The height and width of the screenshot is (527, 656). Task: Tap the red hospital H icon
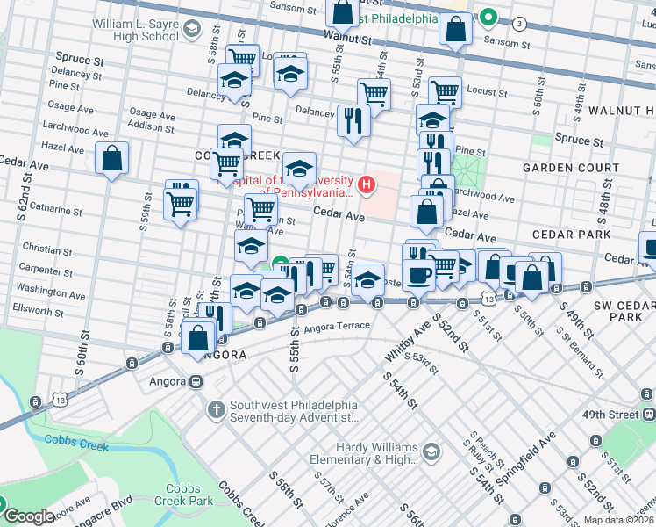367,184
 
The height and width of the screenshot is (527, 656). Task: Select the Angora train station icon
197,381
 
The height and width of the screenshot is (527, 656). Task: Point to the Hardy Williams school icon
431,451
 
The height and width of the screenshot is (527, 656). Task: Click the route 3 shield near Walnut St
520,23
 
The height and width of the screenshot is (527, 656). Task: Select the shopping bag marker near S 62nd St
112,159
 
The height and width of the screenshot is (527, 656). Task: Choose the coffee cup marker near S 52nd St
418,274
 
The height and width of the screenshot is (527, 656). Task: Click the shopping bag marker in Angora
199,336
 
